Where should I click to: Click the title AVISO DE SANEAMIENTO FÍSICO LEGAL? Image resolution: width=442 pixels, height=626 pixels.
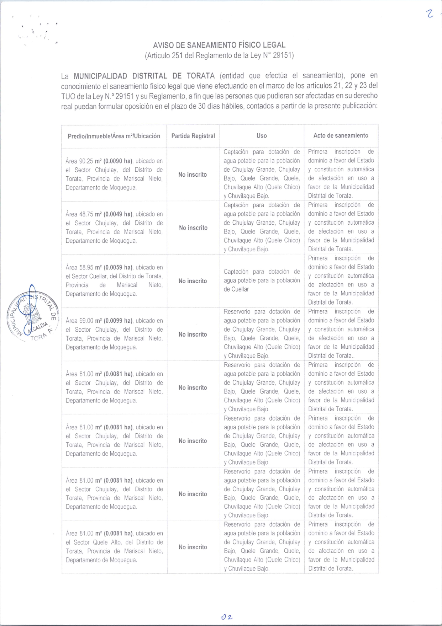coord(219,45)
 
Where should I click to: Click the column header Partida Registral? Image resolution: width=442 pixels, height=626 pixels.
coord(193,136)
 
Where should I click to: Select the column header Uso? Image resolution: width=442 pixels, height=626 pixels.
coord(262,135)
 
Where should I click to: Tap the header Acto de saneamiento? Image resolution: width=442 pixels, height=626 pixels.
coord(341,135)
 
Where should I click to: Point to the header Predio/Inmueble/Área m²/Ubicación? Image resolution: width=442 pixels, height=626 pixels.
coord(114,136)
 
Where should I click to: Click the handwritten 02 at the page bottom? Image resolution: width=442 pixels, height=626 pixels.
coord(226,617)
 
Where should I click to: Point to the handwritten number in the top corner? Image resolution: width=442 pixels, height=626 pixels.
coord(430,14)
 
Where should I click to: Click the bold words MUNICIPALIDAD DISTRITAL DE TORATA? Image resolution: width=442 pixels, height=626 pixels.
coord(144,76)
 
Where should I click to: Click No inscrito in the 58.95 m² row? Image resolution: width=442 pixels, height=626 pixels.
coord(193,281)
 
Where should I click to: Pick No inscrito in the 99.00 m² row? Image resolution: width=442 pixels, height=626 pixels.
coord(193,335)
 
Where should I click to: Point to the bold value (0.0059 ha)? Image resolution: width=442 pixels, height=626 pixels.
coord(118,267)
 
